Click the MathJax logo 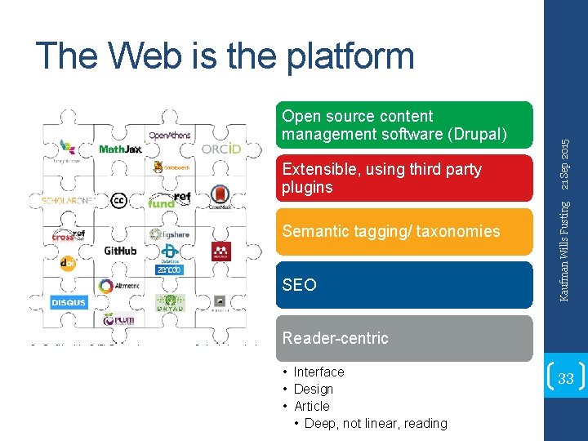coord(119,149)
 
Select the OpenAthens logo coord(170,135)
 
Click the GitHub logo coord(120,250)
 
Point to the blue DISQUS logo coord(69,303)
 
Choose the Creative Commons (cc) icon coord(118,200)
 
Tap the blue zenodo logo coord(170,269)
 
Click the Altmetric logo coord(118,286)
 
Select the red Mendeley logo coord(221,251)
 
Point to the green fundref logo coord(169,200)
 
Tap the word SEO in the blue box coord(299,285)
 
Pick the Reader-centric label coord(335,338)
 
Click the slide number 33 coord(565,379)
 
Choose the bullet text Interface coord(318,372)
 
